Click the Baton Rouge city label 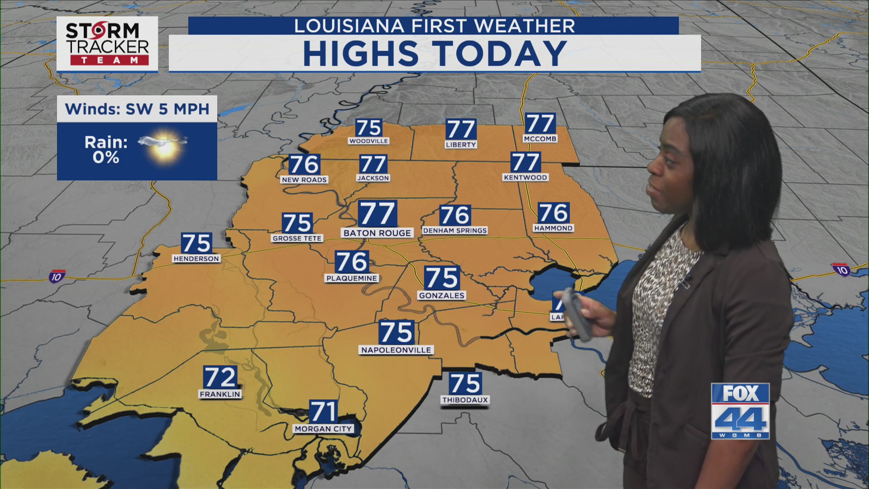[377, 233]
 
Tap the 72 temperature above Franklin [220, 377]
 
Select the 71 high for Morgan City [323, 412]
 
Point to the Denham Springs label [455, 230]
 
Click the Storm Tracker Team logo [107, 44]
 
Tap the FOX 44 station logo [740, 411]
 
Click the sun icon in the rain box [164, 144]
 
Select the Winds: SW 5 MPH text [137, 109]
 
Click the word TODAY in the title [501, 53]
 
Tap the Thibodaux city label [465, 400]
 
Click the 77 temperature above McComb [540, 123]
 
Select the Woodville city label [368, 141]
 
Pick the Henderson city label [196, 259]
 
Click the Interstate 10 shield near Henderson [57, 276]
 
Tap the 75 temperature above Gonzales [442, 278]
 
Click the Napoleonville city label [396, 350]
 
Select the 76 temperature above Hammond [554, 213]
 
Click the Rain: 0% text [106, 150]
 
